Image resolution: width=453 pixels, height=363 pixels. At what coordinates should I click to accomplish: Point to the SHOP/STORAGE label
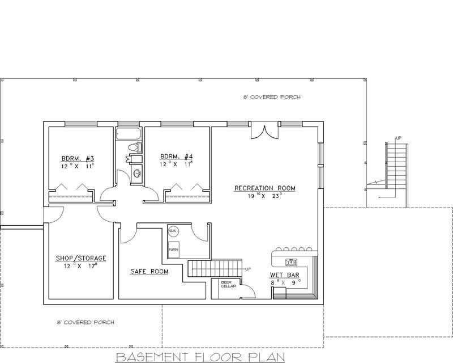(x=80, y=258)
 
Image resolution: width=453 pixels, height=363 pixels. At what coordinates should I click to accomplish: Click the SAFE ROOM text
(x=149, y=272)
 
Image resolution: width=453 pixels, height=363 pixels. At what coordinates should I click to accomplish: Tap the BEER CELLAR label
(x=221, y=285)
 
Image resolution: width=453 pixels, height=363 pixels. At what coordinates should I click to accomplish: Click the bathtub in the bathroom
(x=129, y=134)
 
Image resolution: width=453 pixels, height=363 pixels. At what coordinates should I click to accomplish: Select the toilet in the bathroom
(x=134, y=149)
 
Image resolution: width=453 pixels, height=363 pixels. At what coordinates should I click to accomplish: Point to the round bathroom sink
(x=136, y=174)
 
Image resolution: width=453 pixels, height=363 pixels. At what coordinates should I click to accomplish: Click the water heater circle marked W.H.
(x=173, y=231)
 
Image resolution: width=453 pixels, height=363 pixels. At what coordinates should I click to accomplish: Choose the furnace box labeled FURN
(x=173, y=249)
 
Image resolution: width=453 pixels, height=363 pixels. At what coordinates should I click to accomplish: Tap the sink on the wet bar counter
(x=292, y=261)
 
